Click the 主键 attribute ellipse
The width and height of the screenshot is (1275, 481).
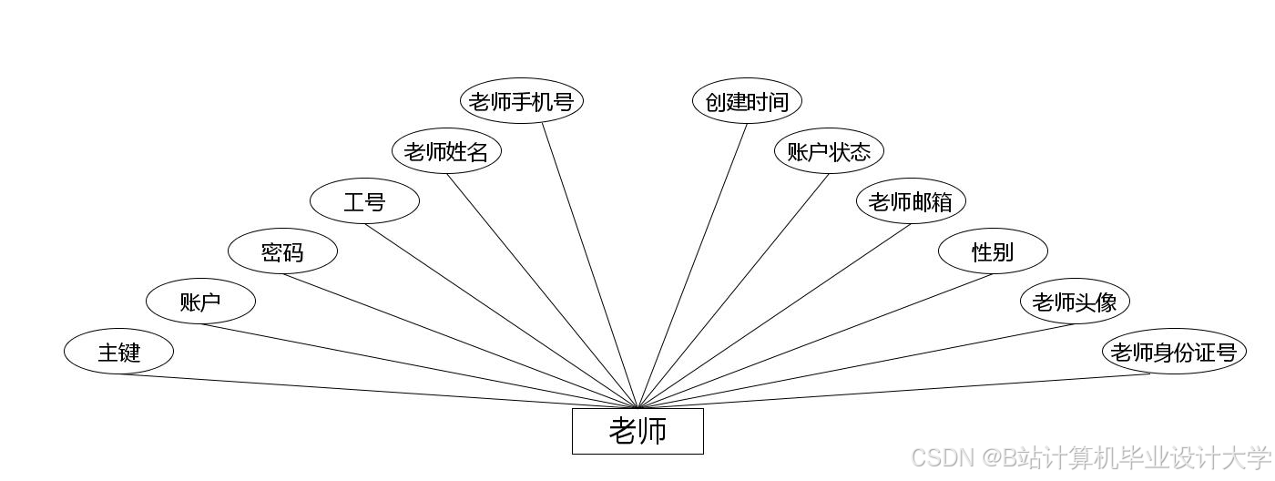pyautogui.click(x=118, y=352)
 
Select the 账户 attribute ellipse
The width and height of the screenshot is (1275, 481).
pyautogui.click(x=200, y=302)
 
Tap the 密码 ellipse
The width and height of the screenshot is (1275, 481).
pyautogui.click(x=282, y=252)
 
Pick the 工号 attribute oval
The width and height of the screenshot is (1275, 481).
pyautogui.click(x=364, y=202)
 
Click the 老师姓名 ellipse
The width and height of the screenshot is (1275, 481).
pyautogui.click(x=446, y=151)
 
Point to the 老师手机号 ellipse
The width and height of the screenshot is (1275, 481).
pyautogui.click(x=521, y=101)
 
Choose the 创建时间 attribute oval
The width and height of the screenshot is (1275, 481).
pyautogui.click(x=747, y=101)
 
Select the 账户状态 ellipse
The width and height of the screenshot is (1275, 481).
pyautogui.click(x=829, y=151)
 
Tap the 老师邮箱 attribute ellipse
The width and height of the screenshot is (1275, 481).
pyautogui.click(x=911, y=201)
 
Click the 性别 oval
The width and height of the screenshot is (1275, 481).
pyautogui.click(x=993, y=251)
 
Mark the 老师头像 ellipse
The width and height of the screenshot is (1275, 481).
pyautogui.click(x=1075, y=302)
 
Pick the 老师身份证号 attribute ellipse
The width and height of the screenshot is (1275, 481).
pyautogui.click(x=1173, y=352)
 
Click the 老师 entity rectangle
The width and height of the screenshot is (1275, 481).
pyautogui.click(x=637, y=431)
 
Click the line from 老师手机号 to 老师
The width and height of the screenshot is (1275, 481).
pyautogui.click(x=590, y=265)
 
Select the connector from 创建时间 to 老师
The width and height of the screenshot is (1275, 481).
pyautogui.click(x=692, y=266)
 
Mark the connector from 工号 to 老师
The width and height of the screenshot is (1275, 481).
pyautogui.click(x=501, y=316)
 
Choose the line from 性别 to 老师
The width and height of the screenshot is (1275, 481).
pyautogui.click(x=815, y=342)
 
